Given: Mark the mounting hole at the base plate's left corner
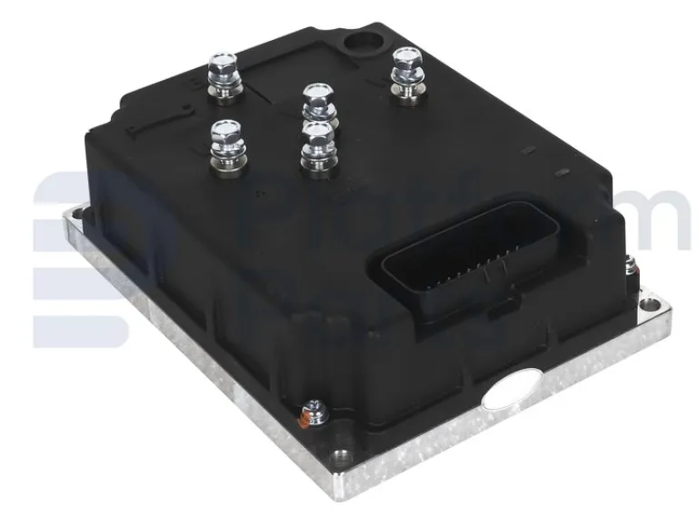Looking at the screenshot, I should [x=81, y=214].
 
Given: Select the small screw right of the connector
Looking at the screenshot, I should [x=629, y=265].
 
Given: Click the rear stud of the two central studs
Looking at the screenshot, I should [x=316, y=103].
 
